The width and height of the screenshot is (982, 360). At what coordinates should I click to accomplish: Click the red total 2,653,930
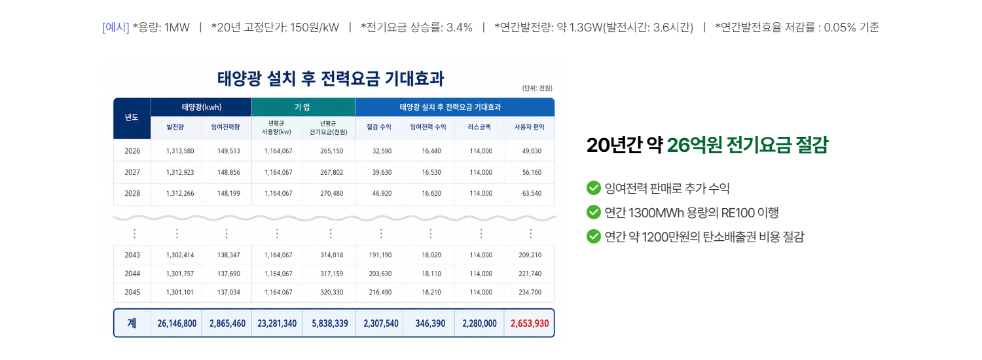[x=530, y=323]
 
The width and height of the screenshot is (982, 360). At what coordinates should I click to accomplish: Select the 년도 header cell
[x=132, y=118]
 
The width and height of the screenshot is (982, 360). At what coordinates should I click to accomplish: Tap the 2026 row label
[x=132, y=151]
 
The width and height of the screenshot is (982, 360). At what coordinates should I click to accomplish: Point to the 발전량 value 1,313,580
[x=180, y=151]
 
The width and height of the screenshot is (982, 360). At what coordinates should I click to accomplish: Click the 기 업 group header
[x=302, y=107]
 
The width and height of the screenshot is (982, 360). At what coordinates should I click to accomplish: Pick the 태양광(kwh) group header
[x=202, y=107]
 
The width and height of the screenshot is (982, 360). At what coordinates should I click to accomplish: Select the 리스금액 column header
[x=479, y=127]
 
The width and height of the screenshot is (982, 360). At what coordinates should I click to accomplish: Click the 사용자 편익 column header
[x=530, y=127]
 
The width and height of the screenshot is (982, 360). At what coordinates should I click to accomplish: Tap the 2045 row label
[x=132, y=292]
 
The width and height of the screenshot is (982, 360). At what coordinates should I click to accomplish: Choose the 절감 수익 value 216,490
[x=380, y=292]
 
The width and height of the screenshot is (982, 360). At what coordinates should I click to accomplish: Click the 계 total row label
[x=132, y=323]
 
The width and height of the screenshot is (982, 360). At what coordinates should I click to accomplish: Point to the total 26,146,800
[x=177, y=323]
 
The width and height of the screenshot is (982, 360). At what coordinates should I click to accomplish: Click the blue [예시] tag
[x=116, y=27]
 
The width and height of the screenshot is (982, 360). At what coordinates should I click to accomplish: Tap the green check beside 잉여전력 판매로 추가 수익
[x=594, y=188]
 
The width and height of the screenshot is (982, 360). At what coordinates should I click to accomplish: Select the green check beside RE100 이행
[x=594, y=212]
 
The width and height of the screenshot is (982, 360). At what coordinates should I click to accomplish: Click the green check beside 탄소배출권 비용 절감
[x=594, y=236]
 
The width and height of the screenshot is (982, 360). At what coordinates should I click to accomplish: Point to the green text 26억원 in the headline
[x=695, y=145]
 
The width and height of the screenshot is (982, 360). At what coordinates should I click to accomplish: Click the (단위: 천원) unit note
[x=537, y=88]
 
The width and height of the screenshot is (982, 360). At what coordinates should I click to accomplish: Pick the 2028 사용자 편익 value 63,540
[x=532, y=193]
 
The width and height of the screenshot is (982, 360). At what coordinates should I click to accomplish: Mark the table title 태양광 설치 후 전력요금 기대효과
[x=331, y=79]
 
